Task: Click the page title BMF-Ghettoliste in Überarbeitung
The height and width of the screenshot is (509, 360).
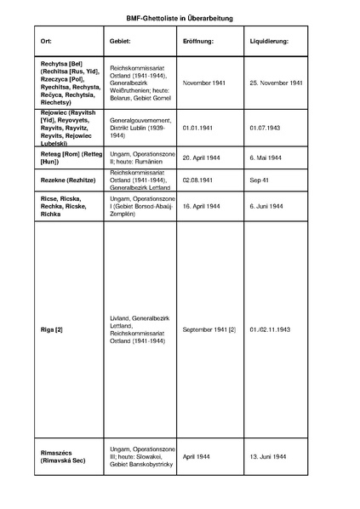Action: click(180, 17)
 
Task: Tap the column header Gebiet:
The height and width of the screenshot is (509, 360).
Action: click(120, 41)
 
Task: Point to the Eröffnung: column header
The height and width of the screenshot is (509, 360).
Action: click(197, 41)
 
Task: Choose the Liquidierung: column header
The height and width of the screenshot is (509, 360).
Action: click(270, 41)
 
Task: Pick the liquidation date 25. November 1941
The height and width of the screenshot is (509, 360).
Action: click(278, 85)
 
